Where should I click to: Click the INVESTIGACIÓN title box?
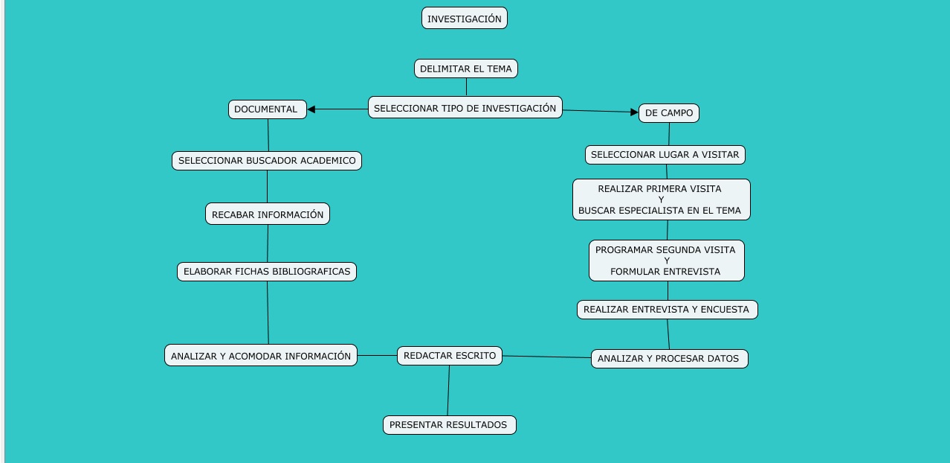tap(464, 19)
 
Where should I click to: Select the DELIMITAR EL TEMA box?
tap(465, 68)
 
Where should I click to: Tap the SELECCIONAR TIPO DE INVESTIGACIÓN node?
tap(465, 108)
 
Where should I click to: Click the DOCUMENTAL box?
tap(267, 109)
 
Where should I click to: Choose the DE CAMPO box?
tap(668, 113)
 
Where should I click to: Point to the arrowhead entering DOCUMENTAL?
tap(311, 109)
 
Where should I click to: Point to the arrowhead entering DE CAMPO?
tap(634, 112)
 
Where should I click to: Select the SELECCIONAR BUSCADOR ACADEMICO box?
tap(267, 161)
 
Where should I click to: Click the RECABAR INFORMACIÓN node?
tap(268, 214)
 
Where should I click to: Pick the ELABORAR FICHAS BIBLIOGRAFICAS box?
tap(267, 272)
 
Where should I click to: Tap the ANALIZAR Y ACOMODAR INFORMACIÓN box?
tap(261, 356)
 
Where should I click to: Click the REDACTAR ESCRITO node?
tap(450, 356)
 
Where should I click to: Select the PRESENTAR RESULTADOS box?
tap(449, 425)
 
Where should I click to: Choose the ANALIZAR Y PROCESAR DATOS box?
tap(669, 359)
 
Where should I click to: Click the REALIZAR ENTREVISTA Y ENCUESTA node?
tap(667, 310)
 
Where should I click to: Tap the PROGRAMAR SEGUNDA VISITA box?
tap(666, 261)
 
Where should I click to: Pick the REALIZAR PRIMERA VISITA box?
tap(661, 199)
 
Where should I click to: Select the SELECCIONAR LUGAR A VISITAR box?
tap(665, 155)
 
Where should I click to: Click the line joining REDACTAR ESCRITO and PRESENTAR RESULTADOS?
tap(448, 391)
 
